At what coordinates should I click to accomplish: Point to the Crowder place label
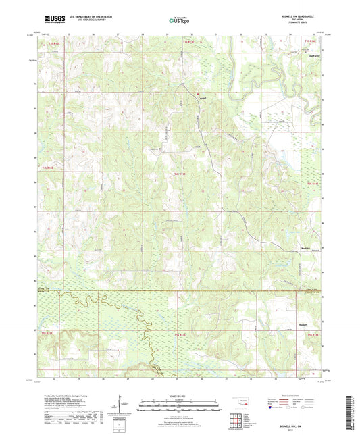(x=203, y=97)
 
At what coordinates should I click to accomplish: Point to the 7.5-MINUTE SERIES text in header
(x=301, y=26)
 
